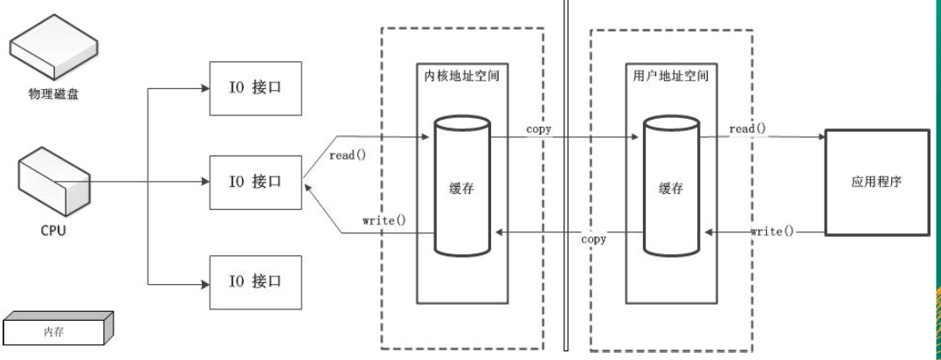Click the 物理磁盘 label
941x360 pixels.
coord(53,93)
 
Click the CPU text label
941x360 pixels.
coord(53,232)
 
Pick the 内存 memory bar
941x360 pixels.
coord(56,331)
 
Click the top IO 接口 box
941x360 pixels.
coord(255,87)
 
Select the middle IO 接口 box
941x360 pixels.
coord(255,182)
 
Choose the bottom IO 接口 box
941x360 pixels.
coord(255,281)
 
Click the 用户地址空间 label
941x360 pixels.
coord(670,76)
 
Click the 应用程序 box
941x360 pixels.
coord(876,183)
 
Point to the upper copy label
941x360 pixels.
coord(538,129)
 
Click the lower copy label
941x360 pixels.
coord(594,239)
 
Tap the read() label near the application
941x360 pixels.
coord(747,129)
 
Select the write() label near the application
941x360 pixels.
coord(772,231)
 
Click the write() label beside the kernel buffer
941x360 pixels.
coord(384,219)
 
